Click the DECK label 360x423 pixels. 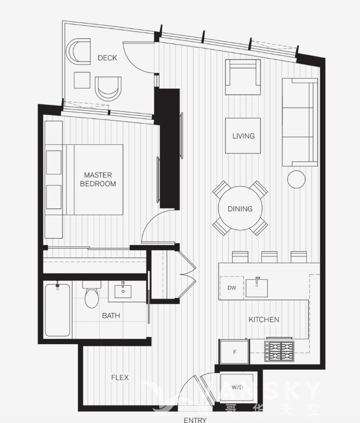(x=107, y=58)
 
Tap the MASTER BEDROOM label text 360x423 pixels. (x=98, y=179)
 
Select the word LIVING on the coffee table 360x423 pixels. (x=243, y=136)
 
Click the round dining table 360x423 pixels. (x=240, y=208)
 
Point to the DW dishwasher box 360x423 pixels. (x=232, y=288)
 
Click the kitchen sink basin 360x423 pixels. (x=256, y=288)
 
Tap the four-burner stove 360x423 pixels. (x=279, y=351)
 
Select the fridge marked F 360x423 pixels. (x=234, y=352)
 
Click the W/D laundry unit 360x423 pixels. (x=237, y=387)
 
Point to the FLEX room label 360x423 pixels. (x=120, y=378)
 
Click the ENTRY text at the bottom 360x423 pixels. (x=195, y=420)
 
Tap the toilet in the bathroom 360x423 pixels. (x=92, y=294)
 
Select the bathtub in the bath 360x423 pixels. (x=58, y=309)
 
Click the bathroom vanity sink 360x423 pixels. (x=123, y=291)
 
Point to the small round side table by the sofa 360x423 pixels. (x=296, y=179)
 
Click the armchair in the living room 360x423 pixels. (x=243, y=77)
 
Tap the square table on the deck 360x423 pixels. (x=82, y=80)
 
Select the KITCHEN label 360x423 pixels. (x=264, y=320)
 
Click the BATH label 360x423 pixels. (x=111, y=316)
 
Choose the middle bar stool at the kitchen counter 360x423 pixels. (x=269, y=257)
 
